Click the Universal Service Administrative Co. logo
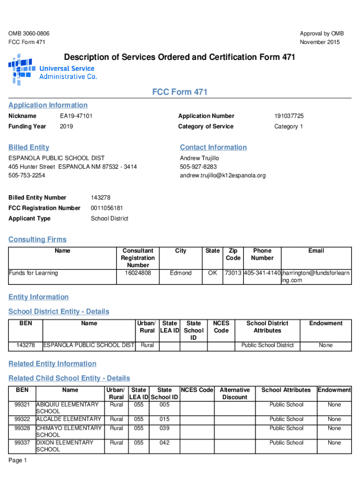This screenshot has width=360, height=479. click(52, 69)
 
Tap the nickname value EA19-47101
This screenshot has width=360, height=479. click(76, 116)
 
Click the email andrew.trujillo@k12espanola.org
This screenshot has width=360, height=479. click(223, 175)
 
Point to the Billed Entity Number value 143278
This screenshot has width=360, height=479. click(101, 198)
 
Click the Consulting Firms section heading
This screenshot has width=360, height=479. click(37, 239)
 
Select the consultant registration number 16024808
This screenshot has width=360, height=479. click(138, 273)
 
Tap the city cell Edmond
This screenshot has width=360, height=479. click(180, 273)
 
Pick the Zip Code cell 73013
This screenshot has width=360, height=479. click(233, 273)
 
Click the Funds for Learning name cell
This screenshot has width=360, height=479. click(33, 273)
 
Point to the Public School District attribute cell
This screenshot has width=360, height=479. click(267, 345)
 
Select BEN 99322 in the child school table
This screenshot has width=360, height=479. click(22, 419)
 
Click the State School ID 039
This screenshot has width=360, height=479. click(164, 428)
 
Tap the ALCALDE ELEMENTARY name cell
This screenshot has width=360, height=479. click(69, 419)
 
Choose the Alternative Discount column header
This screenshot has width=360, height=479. click(235, 393)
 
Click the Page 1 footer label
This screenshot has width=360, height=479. click(18, 461)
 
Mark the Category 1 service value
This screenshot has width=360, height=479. click(288, 126)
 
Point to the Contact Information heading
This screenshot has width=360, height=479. click(213, 147)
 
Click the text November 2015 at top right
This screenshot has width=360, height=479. click(320, 42)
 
